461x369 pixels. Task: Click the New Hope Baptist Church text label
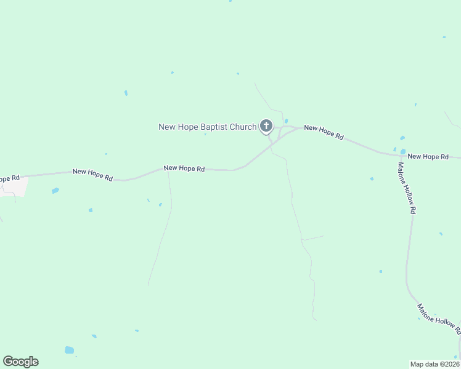pyautogui.click(x=207, y=127)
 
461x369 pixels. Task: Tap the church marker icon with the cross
pyautogui.click(x=266, y=127)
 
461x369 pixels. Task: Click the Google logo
pyautogui.click(x=20, y=362)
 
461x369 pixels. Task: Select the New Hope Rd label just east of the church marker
pyautogui.click(x=324, y=132)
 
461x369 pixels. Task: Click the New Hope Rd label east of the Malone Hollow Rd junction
pyautogui.click(x=428, y=157)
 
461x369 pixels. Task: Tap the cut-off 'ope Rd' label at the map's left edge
pyautogui.click(x=10, y=178)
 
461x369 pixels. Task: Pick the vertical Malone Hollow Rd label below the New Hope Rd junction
pyautogui.click(x=406, y=188)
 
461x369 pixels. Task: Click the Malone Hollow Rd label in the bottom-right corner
pyautogui.click(x=439, y=319)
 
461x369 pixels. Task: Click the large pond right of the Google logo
pyautogui.click(x=69, y=350)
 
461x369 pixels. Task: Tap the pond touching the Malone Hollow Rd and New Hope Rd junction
pyautogui.click(x=402, y=151)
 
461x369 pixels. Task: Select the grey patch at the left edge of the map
pyautogui.click(x=16, y=186)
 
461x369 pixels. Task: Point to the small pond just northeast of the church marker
pyautogui.click(x=286, y=121)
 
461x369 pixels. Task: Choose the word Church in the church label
pyautogui.click(x=243, y=127)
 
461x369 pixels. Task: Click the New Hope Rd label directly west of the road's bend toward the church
pyautogui.click(x=184, y=169)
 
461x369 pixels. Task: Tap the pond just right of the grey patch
pyautogui.click(x=55, y=191)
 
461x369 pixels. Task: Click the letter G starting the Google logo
pyautogui.click(x=8, y=362)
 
